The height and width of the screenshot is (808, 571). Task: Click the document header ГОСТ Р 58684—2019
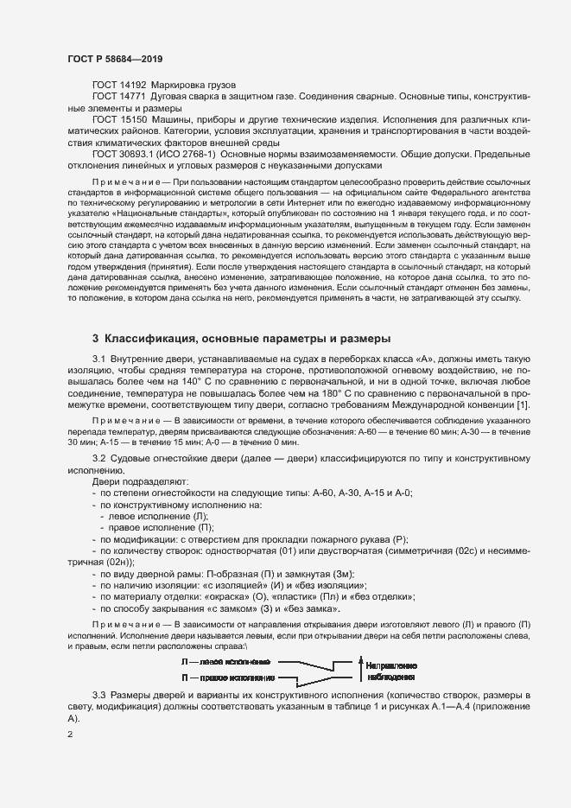114,58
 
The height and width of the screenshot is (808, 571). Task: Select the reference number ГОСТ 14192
119,86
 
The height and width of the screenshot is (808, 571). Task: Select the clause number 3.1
99,359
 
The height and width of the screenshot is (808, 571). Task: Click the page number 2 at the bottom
70,735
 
